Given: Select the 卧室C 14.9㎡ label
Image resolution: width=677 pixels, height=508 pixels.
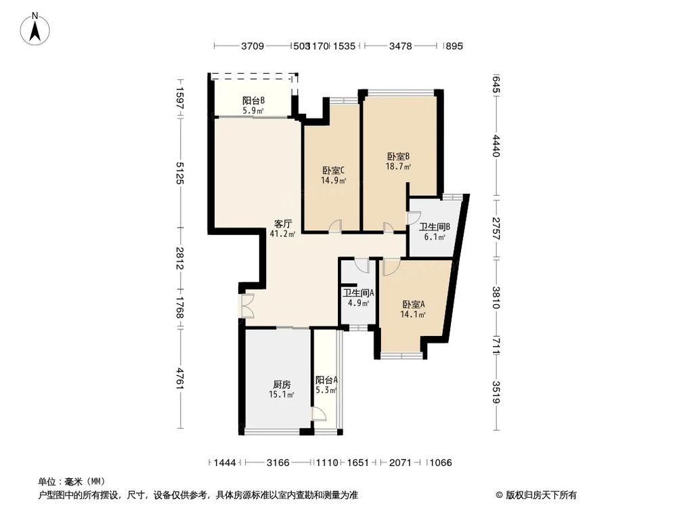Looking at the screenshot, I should click(334, 175).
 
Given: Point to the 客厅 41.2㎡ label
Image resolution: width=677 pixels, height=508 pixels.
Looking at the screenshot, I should click(282, 228).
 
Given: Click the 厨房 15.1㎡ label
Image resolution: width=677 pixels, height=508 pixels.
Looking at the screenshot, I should click(282, 389).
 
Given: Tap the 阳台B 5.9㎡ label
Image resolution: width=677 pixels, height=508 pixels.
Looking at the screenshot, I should click(253, 105).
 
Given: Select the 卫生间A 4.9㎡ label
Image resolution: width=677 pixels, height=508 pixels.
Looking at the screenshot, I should click(358, 297).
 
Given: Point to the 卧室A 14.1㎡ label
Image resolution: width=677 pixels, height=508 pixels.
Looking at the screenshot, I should click(413, 309).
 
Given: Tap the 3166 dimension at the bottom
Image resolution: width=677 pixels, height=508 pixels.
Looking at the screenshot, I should click(278, 463).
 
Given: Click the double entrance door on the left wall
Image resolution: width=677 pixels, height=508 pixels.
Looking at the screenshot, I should click(246, 306).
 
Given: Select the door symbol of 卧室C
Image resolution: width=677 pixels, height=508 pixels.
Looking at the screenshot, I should click(334, 227).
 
